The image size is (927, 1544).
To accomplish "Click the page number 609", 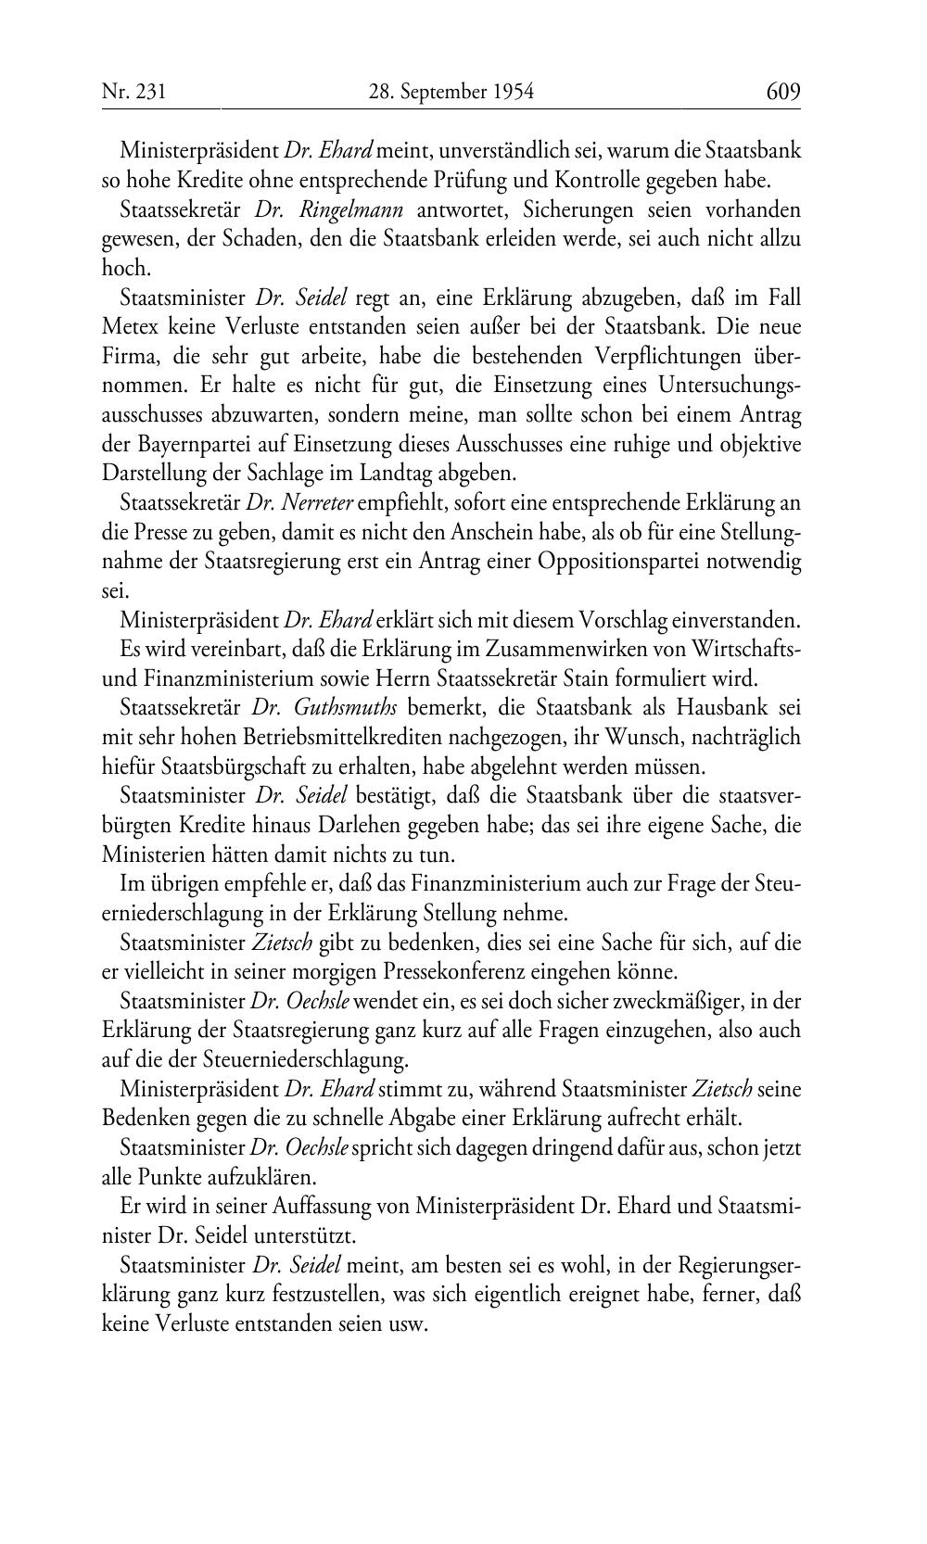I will (x=782, y=92).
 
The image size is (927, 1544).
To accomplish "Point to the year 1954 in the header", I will (x=512, y=92).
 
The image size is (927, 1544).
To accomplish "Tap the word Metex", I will (x=126, y=327).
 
